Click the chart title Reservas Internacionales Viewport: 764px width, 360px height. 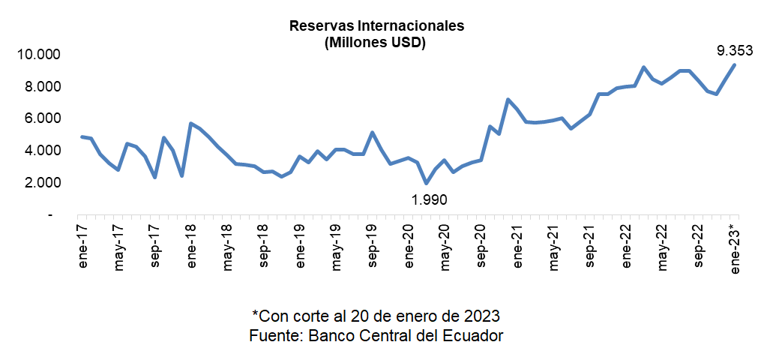[x=377, y=25]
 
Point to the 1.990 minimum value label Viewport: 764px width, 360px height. [x=429, y=200]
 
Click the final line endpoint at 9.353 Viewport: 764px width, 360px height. [x=734, y=64]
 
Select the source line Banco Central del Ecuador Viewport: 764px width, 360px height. [x=376, y=335]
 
